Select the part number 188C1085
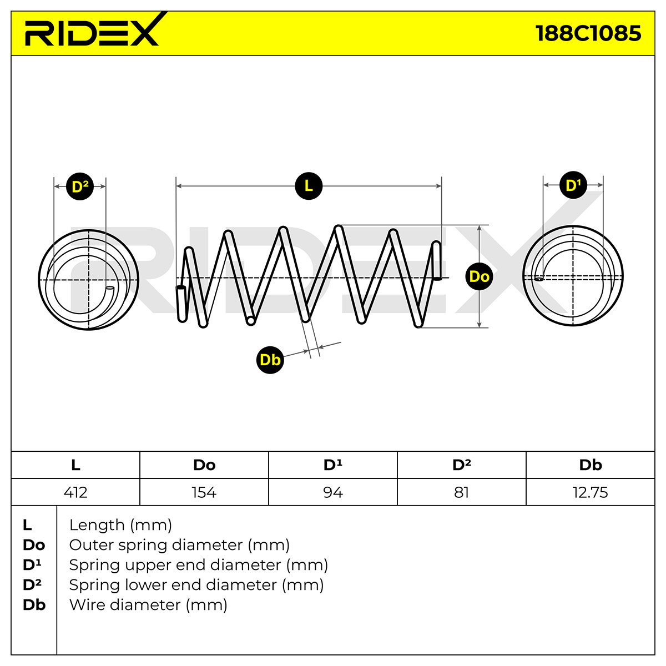[588, 33]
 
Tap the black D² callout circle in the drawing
[80, 186]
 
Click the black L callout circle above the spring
[309, 186]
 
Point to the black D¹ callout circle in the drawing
[573, 185]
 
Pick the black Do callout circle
[479, 276]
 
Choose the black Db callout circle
[270, 360]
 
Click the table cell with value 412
[75, 492]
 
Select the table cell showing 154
[204, 492]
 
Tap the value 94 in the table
[333, 492]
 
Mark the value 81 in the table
[461, 492]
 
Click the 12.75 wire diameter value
[591, 492]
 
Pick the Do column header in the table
[204, 465]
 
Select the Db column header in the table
[591, 465]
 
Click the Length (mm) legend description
[120, 525]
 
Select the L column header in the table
[75, 465]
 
